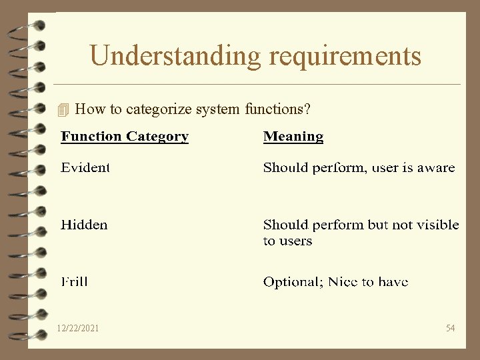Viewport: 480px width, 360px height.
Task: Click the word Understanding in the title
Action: click(x=176, y=56)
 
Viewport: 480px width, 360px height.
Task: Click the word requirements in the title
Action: click(x=345, y=56)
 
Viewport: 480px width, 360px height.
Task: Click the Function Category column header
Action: click(x=125, y=137)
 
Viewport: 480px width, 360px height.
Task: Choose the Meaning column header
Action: click(x=293, y=137)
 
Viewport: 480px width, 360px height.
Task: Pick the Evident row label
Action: click(x=85, y=167)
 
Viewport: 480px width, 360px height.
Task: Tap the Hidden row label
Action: click(x=84, y=225)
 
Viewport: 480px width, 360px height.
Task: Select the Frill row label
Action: click(x=75, y=282)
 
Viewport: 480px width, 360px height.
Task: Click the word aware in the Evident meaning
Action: click(x=436, y=167)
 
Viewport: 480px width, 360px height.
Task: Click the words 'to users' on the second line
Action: click(x=287, y=241)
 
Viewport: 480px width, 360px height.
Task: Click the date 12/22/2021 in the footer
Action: click(x=78, y=328)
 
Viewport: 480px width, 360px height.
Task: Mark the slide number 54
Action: click(x=450, y=328)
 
